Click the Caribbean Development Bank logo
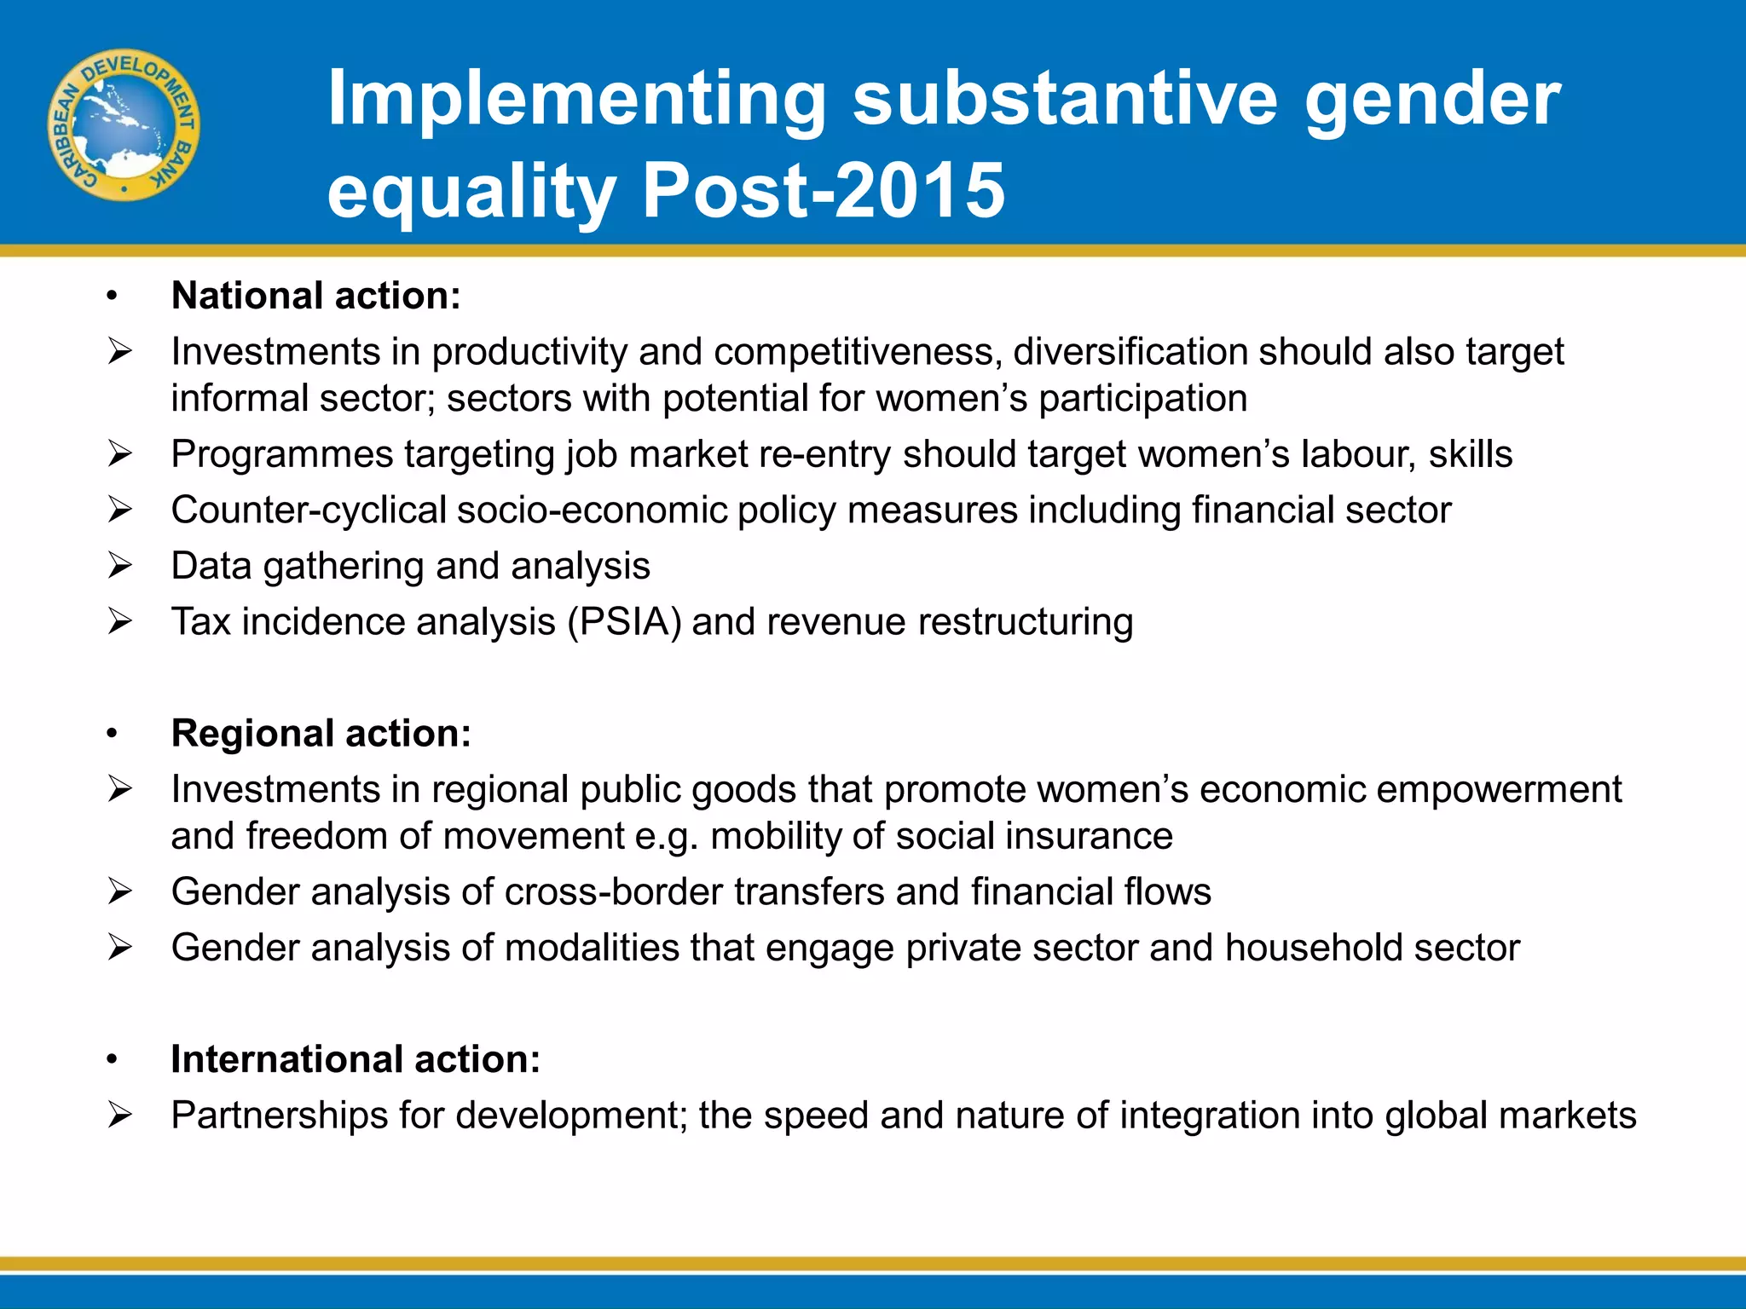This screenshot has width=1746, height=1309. coord(124,125)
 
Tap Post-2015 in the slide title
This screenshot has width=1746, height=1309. coord(823,191)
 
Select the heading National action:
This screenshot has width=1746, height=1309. coord(315,296)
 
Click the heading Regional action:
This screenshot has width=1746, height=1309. coord(321,733)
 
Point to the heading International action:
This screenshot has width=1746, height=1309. coord(356,1059)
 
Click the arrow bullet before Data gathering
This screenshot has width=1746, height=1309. coord(120,566)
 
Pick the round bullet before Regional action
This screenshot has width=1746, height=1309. coord(112,734)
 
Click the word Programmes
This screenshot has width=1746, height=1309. coord(281,454)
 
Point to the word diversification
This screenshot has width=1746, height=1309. coord(1130,352)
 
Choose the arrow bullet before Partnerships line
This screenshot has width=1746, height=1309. coord(120,1115)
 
